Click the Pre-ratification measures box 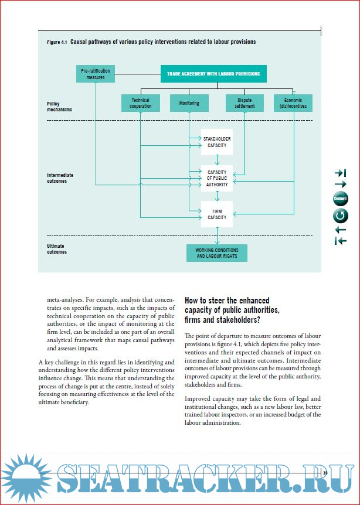pos(95,74)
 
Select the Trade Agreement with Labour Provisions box pos(214,74)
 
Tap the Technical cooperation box pos(141,103)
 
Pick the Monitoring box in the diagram pos(189,103)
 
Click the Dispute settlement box pos(244,103)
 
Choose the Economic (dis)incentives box pos(293,103)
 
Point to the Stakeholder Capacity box pos(216,142)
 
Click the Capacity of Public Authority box pos(216,179)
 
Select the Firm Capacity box pos(216,214)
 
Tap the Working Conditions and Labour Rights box pos(216,253)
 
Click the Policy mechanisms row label pos(59,106)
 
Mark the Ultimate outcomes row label pos(57,249)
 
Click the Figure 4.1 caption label pos(58,42)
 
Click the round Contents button pos(340,199)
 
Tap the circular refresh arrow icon pos(340,216)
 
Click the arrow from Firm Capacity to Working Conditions pos(217,236)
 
